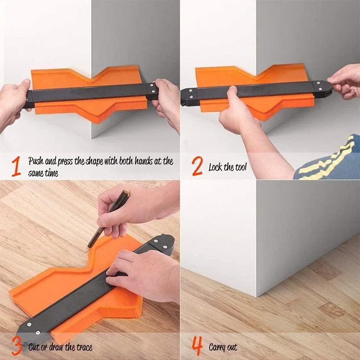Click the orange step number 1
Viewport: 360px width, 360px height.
(x=16, y=166)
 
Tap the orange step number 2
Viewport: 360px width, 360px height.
(x=197, y=166)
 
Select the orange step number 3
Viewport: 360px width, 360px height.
(x=16, y=346)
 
